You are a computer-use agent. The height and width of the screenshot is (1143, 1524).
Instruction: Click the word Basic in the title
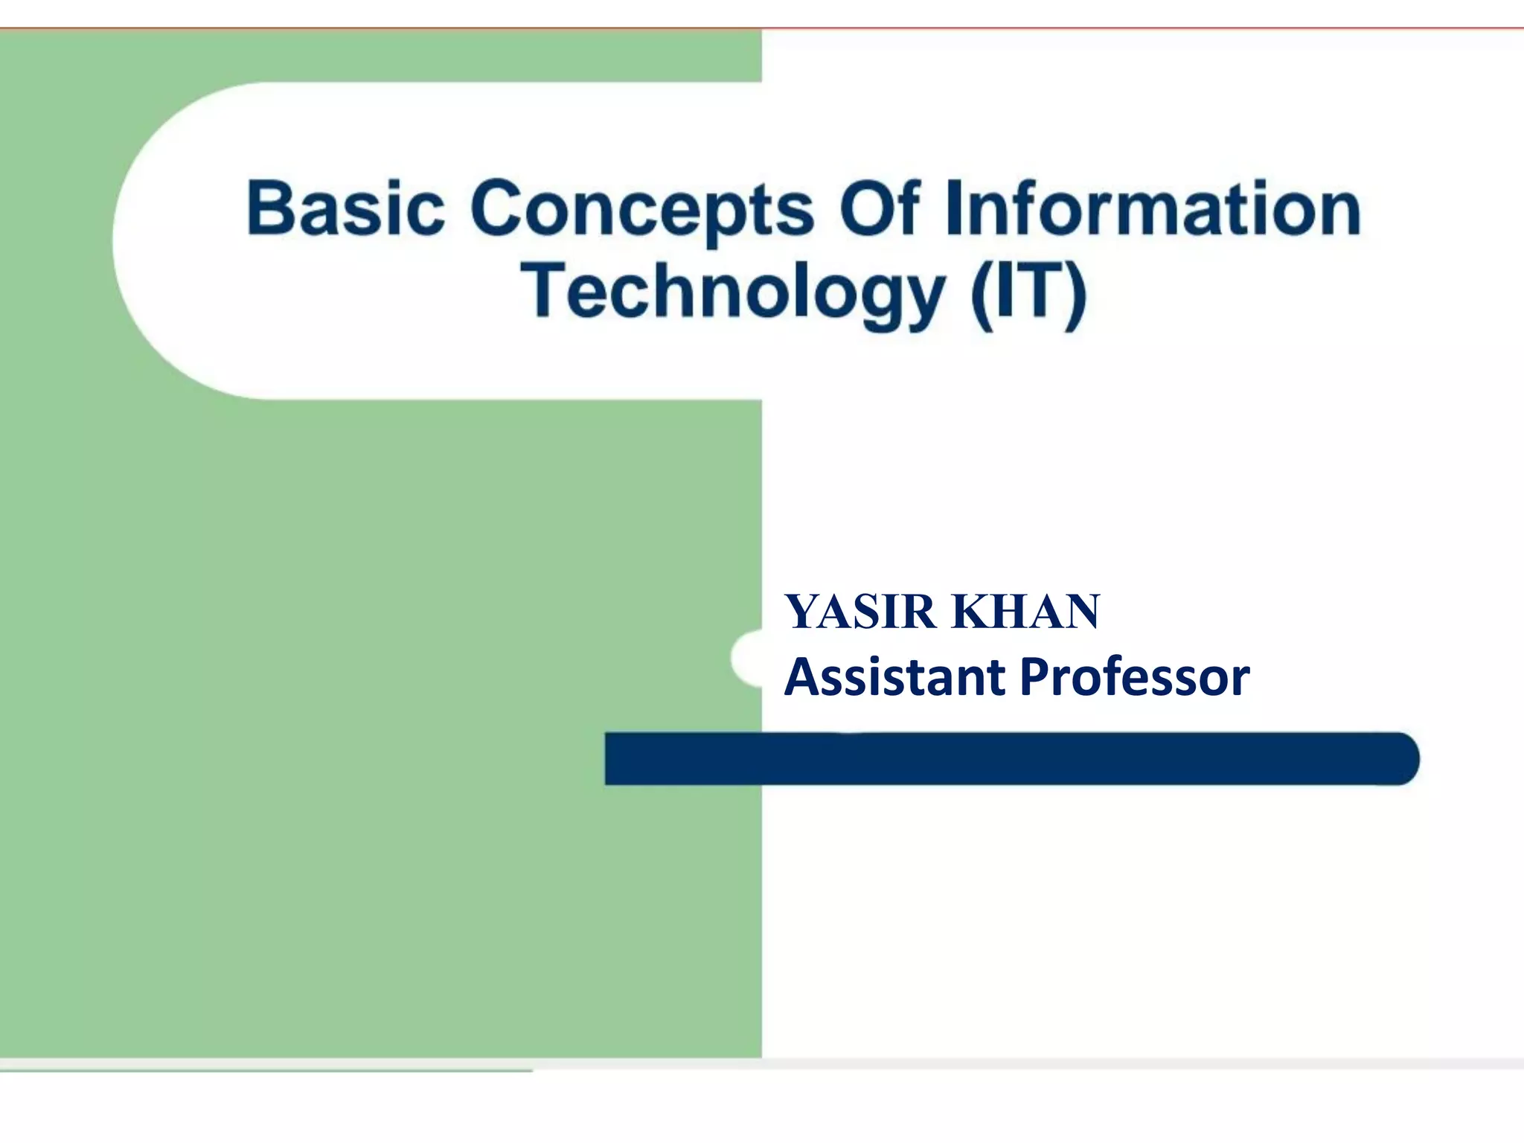click(x=345, y=208)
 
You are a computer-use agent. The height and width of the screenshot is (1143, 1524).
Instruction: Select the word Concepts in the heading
click(x=642, y=211)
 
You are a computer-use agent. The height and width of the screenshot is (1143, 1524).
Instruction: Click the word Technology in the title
click(x=732, y=292)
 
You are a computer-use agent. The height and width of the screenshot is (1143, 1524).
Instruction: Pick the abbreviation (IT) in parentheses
click(x=1028, y=292)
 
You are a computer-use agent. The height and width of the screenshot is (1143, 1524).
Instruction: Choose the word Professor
click(x=1135, y=676)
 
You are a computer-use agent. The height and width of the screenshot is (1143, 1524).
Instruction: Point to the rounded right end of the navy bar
click(x=1399, y=758)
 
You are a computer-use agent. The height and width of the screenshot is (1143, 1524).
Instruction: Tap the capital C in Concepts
click(x=497, y=208)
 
